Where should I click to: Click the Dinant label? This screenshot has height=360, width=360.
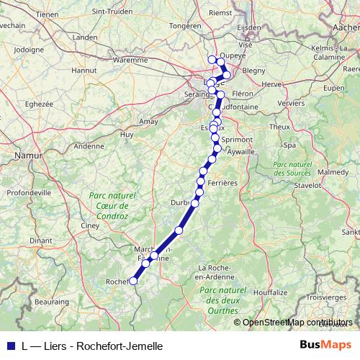click(41, 240)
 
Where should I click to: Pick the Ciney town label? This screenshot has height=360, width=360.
click(90, 225)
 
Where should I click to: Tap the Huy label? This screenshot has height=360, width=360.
click(127, 135)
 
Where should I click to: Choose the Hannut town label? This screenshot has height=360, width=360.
click(84, 71)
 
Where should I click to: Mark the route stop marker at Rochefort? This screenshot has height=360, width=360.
click(134, 281)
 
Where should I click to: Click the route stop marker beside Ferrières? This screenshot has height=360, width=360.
click(199, 192)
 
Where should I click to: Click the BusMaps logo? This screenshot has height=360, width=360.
click(326, 345)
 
